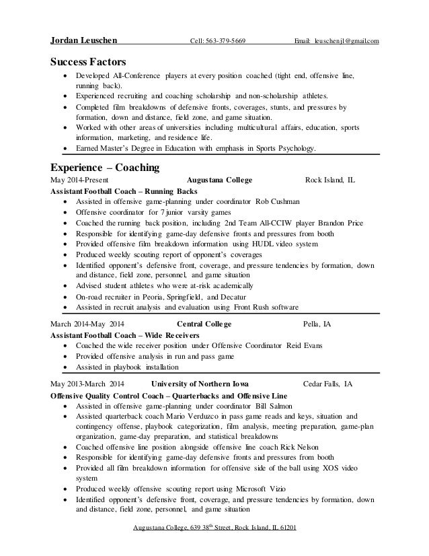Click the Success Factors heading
tap(88, 63)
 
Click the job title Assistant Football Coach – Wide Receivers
tap(114, 335)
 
